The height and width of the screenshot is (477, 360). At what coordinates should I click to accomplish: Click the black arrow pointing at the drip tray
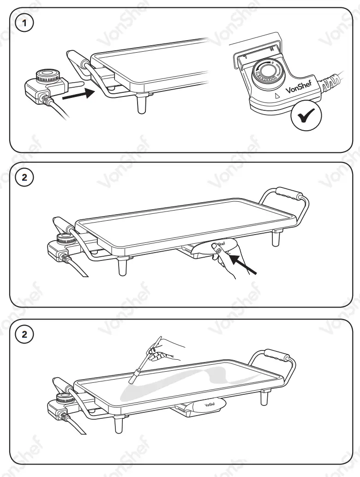click(x=241, y=262)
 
